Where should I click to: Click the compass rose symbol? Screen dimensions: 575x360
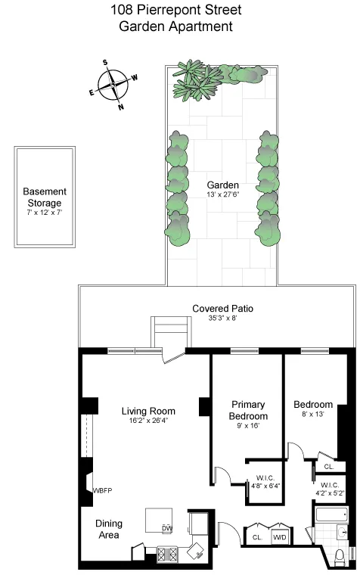tap(113, 84)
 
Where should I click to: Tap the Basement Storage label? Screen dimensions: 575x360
tap(45, 197)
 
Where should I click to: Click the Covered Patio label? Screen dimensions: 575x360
tap(222, 309)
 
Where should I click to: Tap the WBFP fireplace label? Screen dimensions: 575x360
tap(102, 491)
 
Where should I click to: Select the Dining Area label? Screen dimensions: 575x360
tap(109, 529)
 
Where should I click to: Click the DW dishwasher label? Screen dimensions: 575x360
tap(166, 527)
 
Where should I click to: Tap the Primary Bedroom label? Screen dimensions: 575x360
tap(250, 411)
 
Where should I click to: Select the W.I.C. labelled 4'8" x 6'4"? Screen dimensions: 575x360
tap(265, 481)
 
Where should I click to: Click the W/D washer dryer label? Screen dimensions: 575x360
tap(279, 537)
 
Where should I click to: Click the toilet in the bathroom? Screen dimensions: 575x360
tap(340, 558)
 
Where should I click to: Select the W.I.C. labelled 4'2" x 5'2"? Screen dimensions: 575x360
tap(333, 489)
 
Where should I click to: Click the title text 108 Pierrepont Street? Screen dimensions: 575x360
tap(179, 11)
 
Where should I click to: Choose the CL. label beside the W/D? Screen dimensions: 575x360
tap(256, 537)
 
